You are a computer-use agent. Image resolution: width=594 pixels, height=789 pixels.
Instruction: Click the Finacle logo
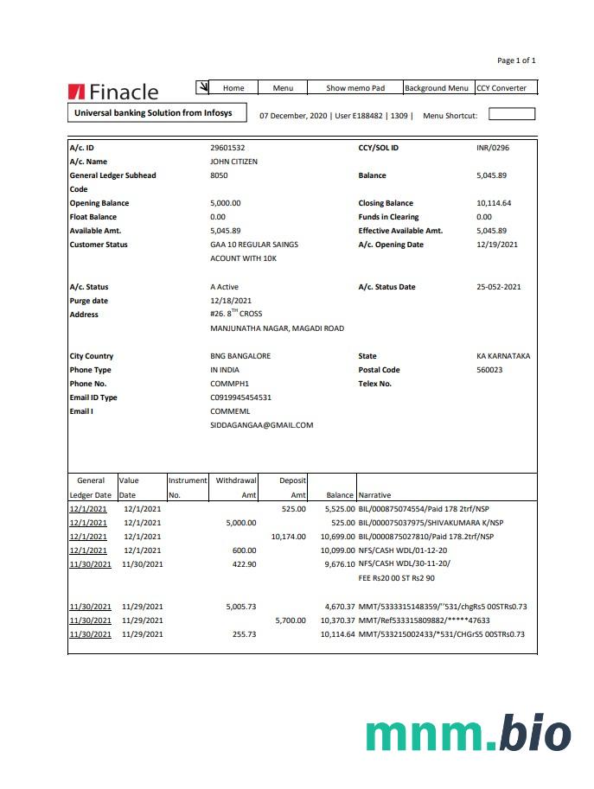coord(112,92)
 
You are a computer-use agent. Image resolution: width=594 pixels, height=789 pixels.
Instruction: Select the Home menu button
coord(233,88)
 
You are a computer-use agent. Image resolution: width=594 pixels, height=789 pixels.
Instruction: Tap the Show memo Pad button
coord(354,88)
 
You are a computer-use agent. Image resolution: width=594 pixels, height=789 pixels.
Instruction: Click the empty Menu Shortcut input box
coord(512,114)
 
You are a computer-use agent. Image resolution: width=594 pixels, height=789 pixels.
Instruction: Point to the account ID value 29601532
coord(227,148)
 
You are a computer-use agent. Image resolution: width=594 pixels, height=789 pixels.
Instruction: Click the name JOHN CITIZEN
coord(233,162)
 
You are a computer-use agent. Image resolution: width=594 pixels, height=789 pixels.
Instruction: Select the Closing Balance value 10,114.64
coord(494,203)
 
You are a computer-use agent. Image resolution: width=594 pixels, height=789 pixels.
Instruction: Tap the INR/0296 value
coord(493,148)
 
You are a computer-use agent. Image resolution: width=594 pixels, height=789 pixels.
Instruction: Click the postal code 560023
coord(489,370)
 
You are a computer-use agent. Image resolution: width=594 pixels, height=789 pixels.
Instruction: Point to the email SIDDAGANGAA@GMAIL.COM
coord(261,425)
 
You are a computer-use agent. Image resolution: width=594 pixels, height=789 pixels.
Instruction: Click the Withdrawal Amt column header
coord(236,487)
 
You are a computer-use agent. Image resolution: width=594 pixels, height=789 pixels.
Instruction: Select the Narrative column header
coord(374,495)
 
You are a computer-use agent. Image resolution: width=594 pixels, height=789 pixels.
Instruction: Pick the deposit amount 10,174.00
coord(288,537)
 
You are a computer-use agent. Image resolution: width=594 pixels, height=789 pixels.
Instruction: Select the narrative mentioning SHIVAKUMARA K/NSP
coord(425,523)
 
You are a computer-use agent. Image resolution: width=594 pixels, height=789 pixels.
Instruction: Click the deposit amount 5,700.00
coord(290,620)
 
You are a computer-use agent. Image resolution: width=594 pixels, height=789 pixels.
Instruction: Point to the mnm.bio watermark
coord(468,735)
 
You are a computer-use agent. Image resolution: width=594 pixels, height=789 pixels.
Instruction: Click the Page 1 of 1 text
coord(516,60)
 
